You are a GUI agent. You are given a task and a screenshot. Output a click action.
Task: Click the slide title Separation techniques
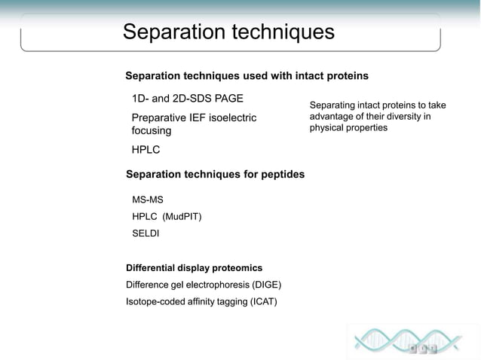coord(228,32)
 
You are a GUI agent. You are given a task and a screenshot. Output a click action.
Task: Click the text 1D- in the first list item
coord(140,99)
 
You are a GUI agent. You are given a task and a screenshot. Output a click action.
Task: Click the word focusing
coord(152,131)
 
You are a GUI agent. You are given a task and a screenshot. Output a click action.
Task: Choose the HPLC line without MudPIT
coord(146,150)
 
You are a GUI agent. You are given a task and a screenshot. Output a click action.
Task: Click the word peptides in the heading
coord(280,174)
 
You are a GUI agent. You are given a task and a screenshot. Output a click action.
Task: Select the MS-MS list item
coord(148,200)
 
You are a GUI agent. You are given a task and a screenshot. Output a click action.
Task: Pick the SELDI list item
coord(146,233)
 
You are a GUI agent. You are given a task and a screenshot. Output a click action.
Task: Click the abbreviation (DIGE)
coord(265,285)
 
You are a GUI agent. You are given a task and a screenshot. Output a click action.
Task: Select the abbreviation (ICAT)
coord(261,302)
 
